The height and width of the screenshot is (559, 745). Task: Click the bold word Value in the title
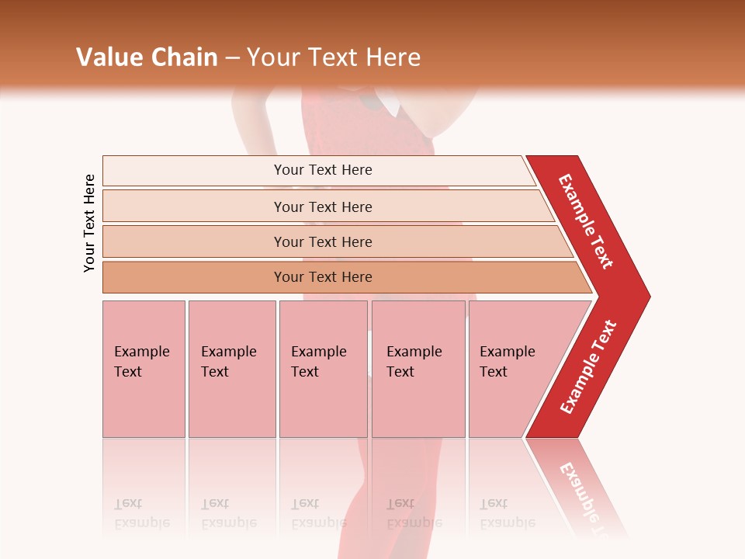click(x=109, y=57)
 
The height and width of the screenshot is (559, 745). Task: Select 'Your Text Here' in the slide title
click(x=334, y=57)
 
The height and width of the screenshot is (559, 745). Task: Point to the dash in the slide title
click(x=232, y=58)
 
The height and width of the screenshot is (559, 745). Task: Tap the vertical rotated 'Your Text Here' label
click(x=89, y=224)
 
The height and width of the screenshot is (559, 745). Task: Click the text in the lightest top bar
click(x=323, y=170)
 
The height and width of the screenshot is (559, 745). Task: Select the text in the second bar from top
click(x=323, y=207)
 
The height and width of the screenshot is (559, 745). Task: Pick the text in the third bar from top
click(x=323, y=242)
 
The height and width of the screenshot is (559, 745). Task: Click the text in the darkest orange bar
click(x=323, y=277)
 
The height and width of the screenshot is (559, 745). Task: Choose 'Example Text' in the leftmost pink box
click(x=141, y=362)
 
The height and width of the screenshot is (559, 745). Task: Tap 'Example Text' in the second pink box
click(x=228, y=362)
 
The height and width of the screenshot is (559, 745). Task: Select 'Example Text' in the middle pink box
click(x=318, y=362)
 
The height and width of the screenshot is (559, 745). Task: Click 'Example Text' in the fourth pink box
click(x=414, y=362)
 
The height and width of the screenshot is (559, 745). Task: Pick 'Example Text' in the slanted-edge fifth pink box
click(x=507, y=362)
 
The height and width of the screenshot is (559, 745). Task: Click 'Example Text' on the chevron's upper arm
click(x=586, y=221)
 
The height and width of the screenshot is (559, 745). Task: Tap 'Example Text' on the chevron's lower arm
click(x=588, y=367)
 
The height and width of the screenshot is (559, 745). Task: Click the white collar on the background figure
click(x=386, y=104)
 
